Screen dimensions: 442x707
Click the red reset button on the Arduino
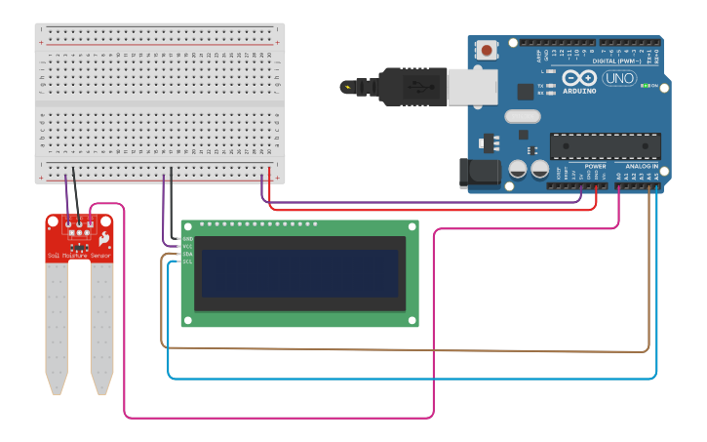(485, 47)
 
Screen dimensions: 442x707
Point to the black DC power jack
(479, 174)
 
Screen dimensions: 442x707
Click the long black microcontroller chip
(605, 145)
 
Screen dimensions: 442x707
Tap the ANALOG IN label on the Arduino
(643, 167)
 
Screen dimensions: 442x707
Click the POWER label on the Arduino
(595, 167)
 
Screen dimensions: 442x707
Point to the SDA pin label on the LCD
(187, 254)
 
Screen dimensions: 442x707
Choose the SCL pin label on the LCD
(187, 261)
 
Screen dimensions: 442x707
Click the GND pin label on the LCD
(187, 238)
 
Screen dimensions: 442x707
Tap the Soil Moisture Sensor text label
(79, 256)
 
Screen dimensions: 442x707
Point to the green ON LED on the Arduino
(645, 86)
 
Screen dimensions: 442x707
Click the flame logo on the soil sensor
(102, 239)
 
